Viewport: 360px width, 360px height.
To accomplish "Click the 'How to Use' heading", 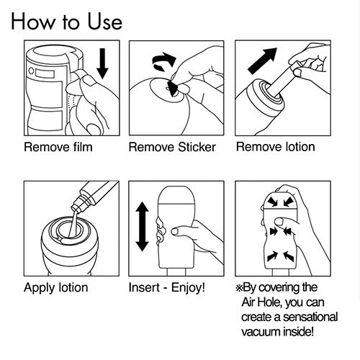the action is click(x=67, y=22).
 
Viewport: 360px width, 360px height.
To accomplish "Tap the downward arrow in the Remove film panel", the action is click(x=102, y=63).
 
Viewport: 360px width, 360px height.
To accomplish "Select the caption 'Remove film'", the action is click(x=58, y=147).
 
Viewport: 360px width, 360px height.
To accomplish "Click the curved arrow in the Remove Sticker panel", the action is click(x=164, y=60).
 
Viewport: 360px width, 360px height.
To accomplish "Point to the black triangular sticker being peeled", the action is click(x=174, y=89).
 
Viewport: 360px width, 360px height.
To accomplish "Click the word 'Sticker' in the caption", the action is click(x=197, y=147).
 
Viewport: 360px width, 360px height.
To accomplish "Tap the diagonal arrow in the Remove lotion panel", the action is click(x=262, y=60).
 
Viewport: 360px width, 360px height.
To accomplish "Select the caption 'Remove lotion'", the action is click(x=276, y=147).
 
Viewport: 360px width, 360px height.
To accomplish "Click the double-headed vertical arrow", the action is click(x=143, y=226).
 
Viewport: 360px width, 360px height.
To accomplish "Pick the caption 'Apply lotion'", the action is click(x=56, y=288).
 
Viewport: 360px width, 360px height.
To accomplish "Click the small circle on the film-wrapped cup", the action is click(x=31, y=71).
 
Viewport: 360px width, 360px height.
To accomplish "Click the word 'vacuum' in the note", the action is click(x=261, y=332).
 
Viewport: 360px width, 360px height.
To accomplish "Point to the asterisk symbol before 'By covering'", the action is click(x=239, y=288).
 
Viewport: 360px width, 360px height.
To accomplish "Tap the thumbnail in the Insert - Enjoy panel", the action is click(x=174, y=232).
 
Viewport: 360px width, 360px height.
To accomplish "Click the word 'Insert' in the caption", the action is click(x=144, y=287).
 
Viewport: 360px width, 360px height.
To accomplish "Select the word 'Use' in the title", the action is click(x=104, y=22).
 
